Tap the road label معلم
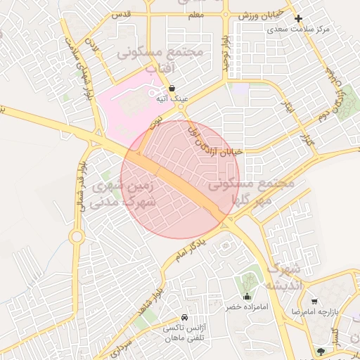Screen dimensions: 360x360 [195, 15]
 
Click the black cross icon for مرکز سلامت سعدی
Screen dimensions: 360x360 [299, 18]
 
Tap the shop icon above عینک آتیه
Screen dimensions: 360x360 [172, 88]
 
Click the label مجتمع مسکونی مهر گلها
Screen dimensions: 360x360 [251, 191]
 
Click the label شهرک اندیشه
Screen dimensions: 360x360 [283, 277]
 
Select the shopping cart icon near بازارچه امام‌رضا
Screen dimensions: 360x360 [314, 300]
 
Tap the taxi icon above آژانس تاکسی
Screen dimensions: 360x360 [184, 317]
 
